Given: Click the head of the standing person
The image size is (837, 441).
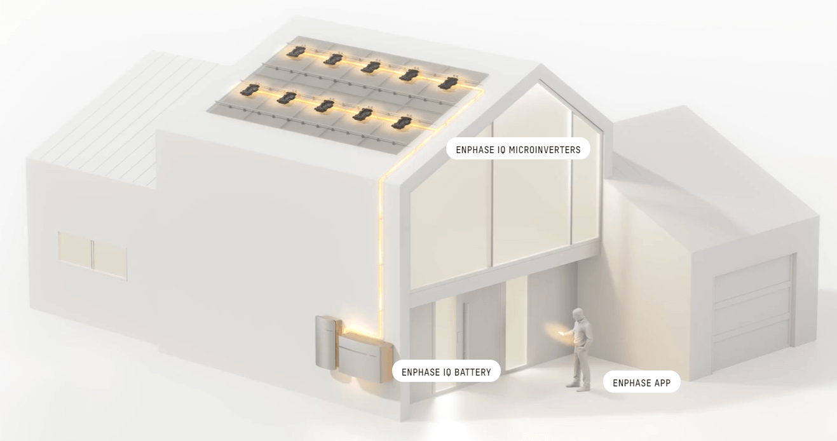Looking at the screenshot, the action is point(578,314).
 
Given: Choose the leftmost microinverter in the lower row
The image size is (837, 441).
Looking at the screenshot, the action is point(250,90).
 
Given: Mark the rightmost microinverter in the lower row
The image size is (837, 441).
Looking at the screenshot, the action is point(402,123).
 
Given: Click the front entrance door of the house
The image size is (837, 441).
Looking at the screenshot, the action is point(476,339).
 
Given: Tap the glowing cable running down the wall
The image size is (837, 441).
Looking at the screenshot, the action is point(381,254).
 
